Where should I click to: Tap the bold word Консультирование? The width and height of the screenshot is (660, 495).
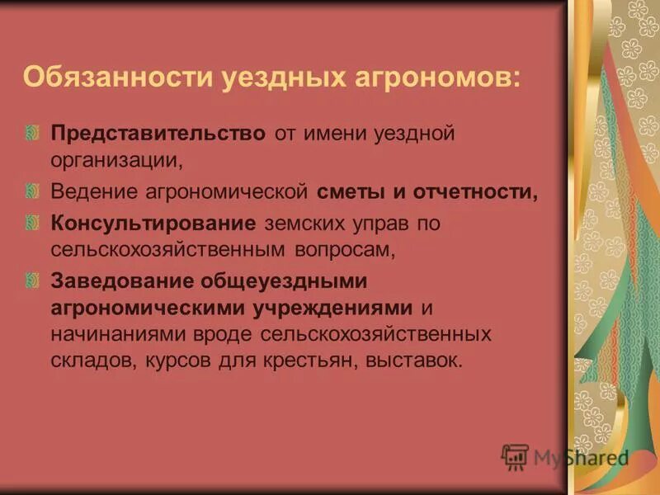(154, 224)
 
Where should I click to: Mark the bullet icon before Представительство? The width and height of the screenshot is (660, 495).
(32, 133)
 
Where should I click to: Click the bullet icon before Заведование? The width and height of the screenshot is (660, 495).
(32, 281)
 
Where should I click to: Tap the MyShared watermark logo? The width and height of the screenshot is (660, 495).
(565, 457)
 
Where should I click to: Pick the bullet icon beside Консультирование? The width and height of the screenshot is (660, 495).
(32, 224)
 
